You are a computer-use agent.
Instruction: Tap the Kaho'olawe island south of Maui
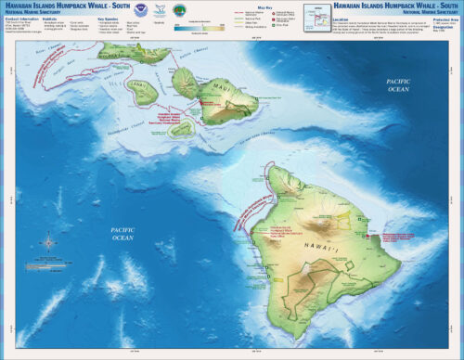coord(184,128)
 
